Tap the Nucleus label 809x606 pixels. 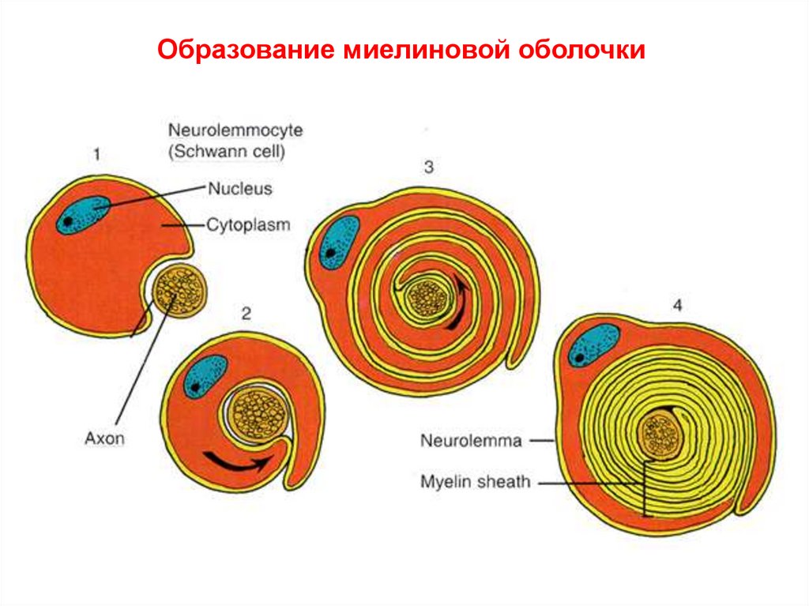pyautogui.click(x=239, y=189)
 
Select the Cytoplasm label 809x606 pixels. pyautogui.click(x=248, y=225)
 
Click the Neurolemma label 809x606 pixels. pyautogui.click(x=472, y=441)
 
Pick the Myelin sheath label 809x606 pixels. pyautogui.click(x=475, y=481)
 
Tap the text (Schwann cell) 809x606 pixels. pyautogui.click(x=225, y=150)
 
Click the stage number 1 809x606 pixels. pyautogui.click(x=96, y=155)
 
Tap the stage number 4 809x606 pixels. pyautogui.click(x=677, y=306)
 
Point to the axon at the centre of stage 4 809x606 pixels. pyautogui.click(x=662, y=434)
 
